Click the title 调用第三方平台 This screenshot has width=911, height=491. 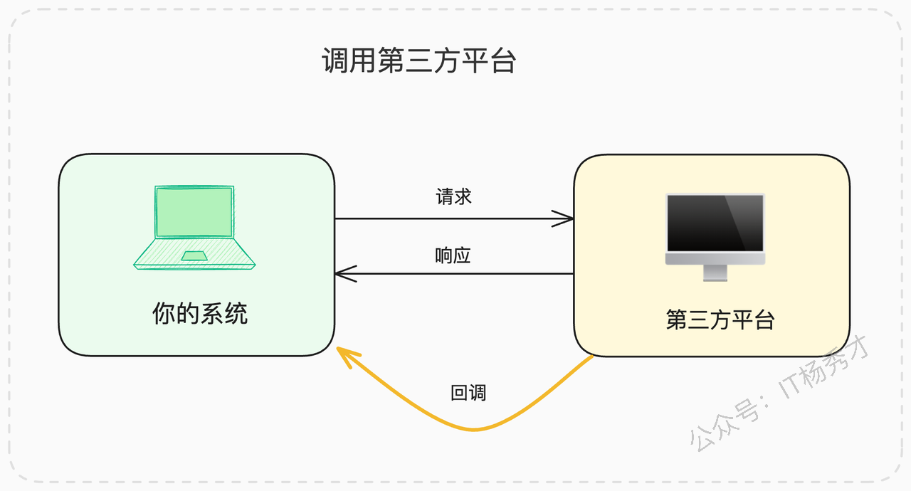pos(419,60)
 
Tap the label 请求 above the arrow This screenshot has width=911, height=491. pos(453,196)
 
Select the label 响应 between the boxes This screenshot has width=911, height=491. pos(453,255)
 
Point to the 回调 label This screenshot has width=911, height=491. pos(468,393)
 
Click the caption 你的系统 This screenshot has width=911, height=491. pos(200,313)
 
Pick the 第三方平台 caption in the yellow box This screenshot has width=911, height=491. pos(720,320)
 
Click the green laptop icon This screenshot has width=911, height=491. pos(194,227)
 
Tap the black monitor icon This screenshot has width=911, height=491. pos(715,237)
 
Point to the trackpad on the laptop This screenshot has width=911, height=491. pos(194,255)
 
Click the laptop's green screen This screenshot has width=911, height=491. pos(194,212)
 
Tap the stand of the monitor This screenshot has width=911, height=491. pos(715,273)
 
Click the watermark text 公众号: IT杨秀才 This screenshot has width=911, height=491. pos(779,393)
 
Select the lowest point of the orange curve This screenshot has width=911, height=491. pos(474,429)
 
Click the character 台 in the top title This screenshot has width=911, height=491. pos(503,60)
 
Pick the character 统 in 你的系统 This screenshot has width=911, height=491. pos(236,313)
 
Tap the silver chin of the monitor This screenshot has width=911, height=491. pos(715,258)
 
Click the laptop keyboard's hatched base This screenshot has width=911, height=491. pos(194,253)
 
